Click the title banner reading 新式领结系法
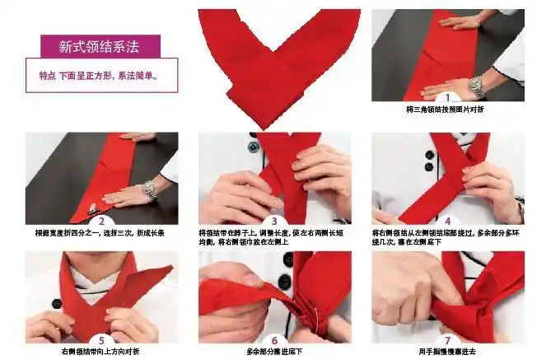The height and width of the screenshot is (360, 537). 99,46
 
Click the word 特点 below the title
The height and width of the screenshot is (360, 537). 48,76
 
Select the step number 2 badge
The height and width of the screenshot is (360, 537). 101,221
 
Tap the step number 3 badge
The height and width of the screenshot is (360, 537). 274,221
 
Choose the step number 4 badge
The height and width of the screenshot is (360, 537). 447,221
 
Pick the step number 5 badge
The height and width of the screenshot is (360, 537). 101,339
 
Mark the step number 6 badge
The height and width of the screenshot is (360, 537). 274,339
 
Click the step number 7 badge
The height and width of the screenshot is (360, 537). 447,339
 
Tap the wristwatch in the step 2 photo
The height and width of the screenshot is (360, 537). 150,190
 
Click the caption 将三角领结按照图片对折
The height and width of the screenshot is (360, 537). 447,110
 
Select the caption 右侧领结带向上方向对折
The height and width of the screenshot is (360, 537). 101,352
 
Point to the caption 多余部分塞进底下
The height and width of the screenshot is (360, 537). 274,352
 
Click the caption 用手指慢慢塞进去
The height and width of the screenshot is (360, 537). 447,352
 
